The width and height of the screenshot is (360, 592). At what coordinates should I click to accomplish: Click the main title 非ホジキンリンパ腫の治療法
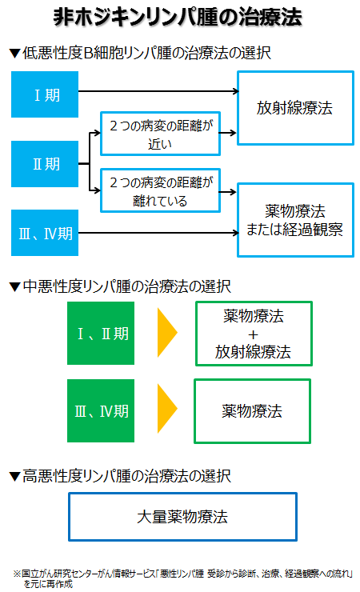click(178, 17)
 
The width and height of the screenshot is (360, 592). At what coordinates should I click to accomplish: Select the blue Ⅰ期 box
click(45, 94)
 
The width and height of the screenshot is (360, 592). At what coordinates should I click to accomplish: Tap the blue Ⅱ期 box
click(45, 164)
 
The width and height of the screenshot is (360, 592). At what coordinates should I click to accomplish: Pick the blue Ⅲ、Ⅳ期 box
click(45, 233)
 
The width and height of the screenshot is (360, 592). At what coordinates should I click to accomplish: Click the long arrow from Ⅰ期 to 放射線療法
click(158, 91)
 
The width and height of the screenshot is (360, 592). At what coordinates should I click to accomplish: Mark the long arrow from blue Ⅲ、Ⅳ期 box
click(158, 233)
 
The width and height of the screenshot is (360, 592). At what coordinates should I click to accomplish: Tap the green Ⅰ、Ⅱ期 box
click(101, 333)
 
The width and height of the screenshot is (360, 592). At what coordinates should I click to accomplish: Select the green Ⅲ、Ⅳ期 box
click(101, 410)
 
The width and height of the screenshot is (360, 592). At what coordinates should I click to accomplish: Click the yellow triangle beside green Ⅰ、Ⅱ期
click(166, 333)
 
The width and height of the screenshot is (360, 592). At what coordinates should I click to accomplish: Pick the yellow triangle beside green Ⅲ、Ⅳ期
click(166, 409)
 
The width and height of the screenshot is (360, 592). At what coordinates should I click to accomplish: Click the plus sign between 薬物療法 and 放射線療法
click(254, 334)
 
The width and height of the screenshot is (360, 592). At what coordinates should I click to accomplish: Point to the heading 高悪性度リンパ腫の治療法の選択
click(120, 476)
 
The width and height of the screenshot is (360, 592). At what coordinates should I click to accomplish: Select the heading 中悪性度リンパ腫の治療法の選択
click(120, 286)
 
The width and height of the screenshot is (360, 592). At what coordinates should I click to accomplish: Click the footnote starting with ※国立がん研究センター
click(182, 578)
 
